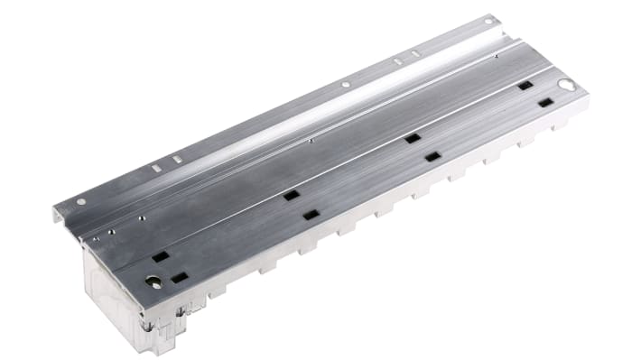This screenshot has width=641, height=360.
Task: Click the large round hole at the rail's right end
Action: pos(565,85)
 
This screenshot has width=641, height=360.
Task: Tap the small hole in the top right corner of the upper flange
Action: pos(488,18)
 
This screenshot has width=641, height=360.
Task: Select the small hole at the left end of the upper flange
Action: pos(80,201)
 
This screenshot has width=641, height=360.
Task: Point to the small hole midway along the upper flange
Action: pos(345,85)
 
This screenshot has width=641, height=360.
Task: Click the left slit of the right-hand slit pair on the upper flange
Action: pos(397,61)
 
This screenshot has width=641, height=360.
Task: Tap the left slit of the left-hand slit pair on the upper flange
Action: pos(155,167)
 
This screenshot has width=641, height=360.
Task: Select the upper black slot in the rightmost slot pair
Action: pos(525,86)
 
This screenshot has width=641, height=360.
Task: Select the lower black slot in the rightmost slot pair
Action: pos(545,103)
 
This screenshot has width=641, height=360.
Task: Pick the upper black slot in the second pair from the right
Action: pos(412,138)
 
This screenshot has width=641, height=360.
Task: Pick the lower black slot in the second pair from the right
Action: pos(432,157)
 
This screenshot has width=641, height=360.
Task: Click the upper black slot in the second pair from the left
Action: pos(291,195)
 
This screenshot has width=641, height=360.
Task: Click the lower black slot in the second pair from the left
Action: pos(311,215)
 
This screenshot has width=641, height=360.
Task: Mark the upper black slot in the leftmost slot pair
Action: pos(160,256)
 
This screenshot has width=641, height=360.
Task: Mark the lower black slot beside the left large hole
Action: pos(180,277)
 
